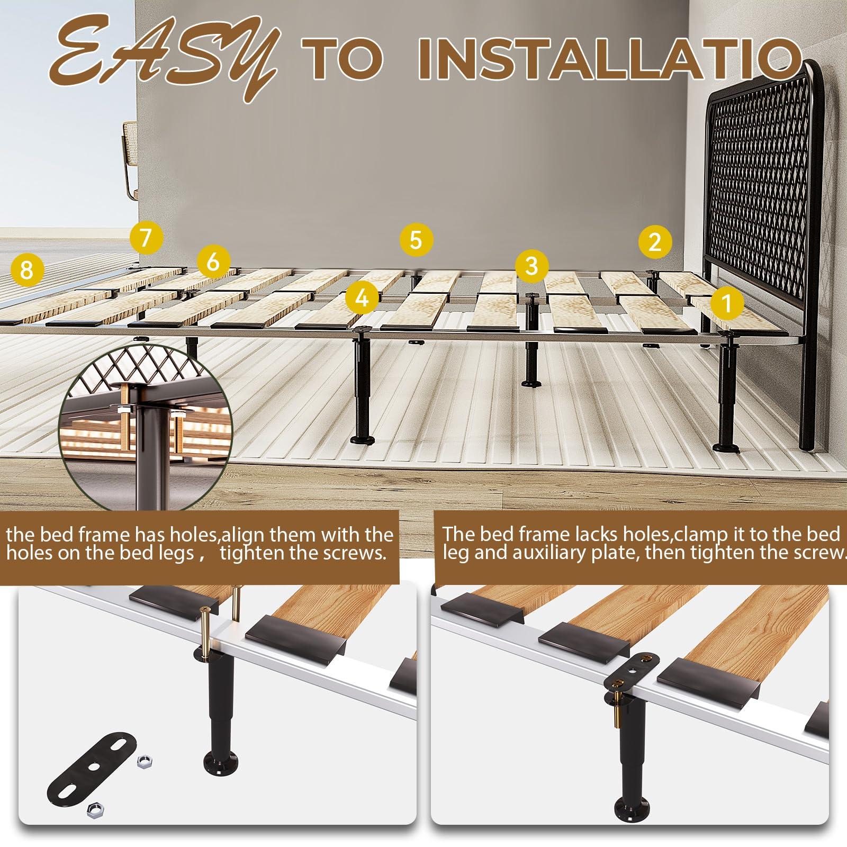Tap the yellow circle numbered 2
(x=655, y=242)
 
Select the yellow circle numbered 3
(x=532, y=265)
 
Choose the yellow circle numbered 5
(x=416, y=240)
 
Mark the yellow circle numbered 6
(x=213, y=262)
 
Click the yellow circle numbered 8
(x=26, y=271)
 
